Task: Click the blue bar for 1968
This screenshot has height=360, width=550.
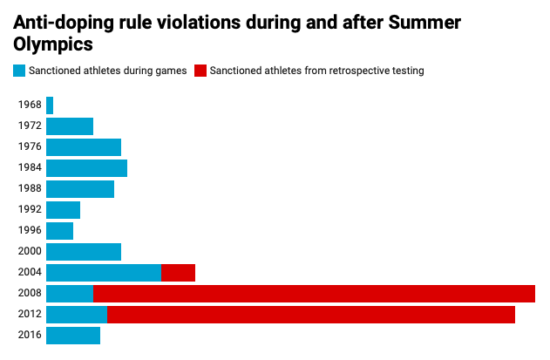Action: point(50,105)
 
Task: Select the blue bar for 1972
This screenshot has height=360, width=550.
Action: point(70,126)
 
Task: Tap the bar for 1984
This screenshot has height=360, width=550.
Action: point(86,168)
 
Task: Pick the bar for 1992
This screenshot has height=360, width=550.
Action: point(63,210)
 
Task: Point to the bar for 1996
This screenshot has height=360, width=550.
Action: point(59,231)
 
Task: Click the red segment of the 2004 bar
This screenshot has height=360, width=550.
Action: point(178,273)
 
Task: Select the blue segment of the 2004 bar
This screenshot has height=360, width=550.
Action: point(104,273)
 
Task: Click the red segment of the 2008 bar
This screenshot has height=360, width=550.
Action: point(314,294)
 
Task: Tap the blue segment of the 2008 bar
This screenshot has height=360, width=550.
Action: point(70,294)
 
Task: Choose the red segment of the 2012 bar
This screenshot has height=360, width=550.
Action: point(311,315)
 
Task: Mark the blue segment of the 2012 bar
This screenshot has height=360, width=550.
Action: point(77,315)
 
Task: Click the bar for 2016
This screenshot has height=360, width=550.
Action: point(73,336)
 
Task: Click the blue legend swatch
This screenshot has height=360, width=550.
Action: point(19,71)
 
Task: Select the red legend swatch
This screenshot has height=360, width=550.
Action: point(200,71)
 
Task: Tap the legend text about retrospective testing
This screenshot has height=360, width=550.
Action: point(316,71)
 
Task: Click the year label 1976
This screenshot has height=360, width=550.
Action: point(30,147)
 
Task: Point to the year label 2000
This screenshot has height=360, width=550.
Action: point(30,252)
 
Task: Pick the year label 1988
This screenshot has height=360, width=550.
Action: point(30,189)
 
